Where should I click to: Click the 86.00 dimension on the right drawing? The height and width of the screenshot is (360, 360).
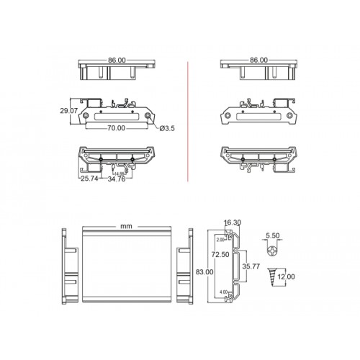pos(258,60)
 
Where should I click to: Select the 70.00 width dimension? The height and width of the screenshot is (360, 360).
pos(115,128)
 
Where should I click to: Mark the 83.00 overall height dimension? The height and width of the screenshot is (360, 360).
pos(204,272)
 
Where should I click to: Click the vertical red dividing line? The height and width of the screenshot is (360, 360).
pos(187,122)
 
